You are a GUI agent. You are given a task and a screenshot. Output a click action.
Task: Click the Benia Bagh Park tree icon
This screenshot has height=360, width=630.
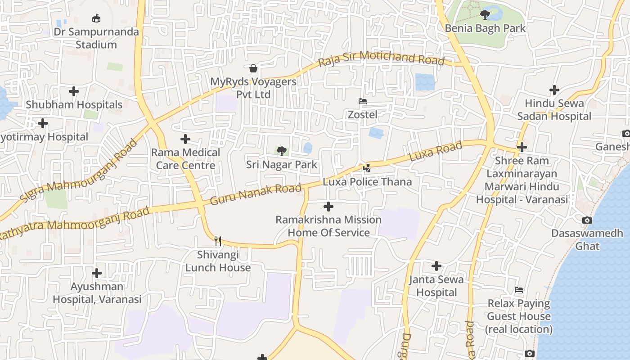[x=485, y=15]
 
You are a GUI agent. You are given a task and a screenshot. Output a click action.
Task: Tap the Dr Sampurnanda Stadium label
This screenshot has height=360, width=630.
[x=96, y=38]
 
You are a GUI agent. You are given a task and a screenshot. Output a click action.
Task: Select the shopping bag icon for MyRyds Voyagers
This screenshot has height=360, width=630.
[x=253, y=68]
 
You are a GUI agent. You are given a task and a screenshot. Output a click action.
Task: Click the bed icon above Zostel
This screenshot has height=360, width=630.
[x=363, y=101]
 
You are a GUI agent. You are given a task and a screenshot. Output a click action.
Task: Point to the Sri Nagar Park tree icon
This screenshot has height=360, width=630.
[x=282, y=151]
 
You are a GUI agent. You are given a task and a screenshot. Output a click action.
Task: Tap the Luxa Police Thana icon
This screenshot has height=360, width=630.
[x=367, y=168]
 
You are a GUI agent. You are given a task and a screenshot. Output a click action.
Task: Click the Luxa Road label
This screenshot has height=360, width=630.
[x=435, y=152]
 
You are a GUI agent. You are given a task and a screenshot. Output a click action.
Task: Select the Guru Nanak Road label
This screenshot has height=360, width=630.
[x=256, y=194]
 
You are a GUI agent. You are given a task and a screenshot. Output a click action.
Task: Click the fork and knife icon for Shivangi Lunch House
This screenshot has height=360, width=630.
[x=218, y=241]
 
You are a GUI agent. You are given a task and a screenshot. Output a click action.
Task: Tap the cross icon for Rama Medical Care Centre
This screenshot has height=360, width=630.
[x=185, y=139]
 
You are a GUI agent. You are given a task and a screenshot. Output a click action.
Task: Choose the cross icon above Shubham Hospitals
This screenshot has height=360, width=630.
[x=74, y=91]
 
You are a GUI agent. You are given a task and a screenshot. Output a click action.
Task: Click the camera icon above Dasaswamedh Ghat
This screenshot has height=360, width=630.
[x=587, y=220]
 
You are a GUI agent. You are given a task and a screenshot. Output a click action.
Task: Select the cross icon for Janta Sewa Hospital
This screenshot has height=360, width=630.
[x=436, y=266]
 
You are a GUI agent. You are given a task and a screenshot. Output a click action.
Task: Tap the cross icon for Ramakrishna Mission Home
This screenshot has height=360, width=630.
[x=328, y=207]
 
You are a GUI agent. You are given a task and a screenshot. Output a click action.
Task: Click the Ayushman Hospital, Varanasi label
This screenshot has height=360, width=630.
[x=97, y=293]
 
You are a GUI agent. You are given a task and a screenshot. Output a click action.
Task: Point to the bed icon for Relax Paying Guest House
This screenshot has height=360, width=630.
[x=519, y=290]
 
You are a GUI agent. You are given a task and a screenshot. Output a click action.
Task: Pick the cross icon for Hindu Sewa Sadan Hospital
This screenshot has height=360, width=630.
[x=554, y=90]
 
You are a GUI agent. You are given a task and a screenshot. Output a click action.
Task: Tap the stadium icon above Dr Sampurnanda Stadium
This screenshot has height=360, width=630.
[x=96, y=18]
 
